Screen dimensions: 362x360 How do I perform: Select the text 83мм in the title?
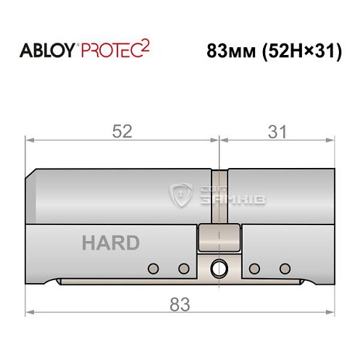(226, 52)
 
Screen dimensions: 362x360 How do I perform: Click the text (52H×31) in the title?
(298, 52)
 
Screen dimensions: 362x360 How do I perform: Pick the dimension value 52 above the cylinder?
(122, 132)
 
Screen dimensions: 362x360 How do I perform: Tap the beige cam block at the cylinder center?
(218, 237)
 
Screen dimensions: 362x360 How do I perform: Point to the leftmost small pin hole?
(153, 269)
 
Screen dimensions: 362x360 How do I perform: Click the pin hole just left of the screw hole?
(183, 269)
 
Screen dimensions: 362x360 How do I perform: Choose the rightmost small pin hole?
(283, 269)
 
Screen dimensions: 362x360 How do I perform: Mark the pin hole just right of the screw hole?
(254, 269)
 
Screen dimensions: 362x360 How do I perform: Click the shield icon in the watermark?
(179, 194)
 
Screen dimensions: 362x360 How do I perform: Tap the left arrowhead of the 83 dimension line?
(29, 313)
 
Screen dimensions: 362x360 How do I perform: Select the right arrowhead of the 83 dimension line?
(332, 313)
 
